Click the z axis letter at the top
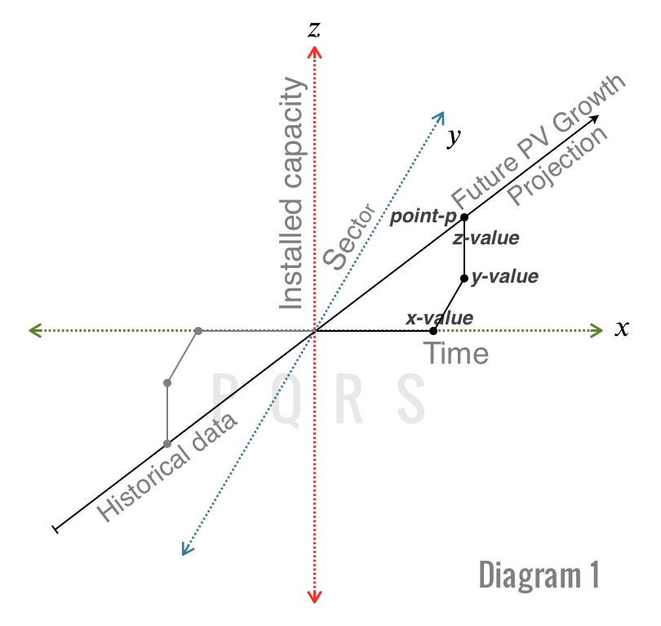pyautogui.click(x=313, y=29)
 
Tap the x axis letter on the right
pyautogui.click(x=622, y=329)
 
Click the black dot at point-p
pyautogui.click(x=464, y=217)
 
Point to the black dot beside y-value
pyautogui.click(x=464, y=279)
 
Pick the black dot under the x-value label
pyautogui.click(x=433, y=331)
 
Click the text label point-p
pyautogui.click(x=423, y=217)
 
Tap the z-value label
pyautogui.click(x=486, y=239)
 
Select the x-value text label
pyautogui.click(x=439, y=317)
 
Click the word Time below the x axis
pyautogui.click(x=455, y=354)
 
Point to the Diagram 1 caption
pyautogui.click(x=539, y=575)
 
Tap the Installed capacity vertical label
pyautogui.click(x=291, y=194)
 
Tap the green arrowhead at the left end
pyautogui.click(x=34, y=331)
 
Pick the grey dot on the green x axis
pyautogui.click(x=197, y=331)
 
